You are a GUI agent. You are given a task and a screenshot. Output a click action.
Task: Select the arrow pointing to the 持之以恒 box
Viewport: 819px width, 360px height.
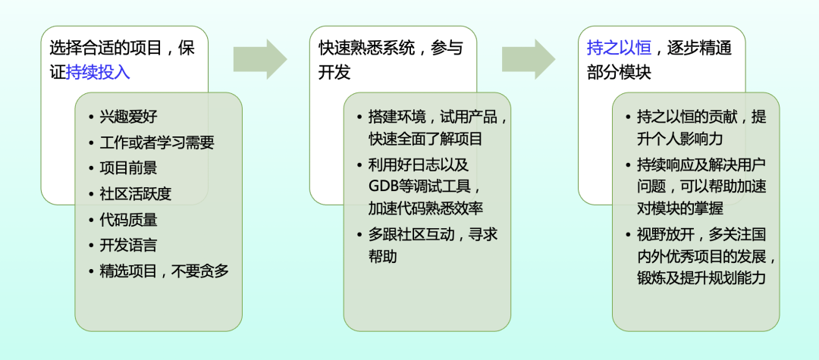(x=529, y=59)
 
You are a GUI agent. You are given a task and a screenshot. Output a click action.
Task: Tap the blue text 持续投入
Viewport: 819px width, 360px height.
(x=98, y=72)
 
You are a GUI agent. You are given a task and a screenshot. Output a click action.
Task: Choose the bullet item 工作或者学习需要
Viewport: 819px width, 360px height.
(x=157, y=142)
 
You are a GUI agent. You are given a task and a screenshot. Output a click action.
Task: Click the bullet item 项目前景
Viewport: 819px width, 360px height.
(x=128, y=167)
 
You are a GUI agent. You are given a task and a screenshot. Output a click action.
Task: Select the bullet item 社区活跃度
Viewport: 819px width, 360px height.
(x=135, y=193)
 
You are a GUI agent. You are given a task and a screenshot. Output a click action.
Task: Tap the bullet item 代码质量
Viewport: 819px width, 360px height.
(x=128, y=219)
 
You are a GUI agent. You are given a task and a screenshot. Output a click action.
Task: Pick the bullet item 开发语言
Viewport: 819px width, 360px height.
(x=128, y=245)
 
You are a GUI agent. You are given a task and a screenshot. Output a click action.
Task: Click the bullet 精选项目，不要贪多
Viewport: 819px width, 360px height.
(x=164, y=271)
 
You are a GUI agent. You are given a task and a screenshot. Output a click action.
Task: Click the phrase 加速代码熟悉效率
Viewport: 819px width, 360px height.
(x=426, y=208)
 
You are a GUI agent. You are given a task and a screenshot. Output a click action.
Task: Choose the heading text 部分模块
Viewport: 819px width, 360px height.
(x=619, y=72)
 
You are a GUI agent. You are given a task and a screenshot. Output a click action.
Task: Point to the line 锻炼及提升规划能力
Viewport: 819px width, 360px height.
(x=701, y=278)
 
